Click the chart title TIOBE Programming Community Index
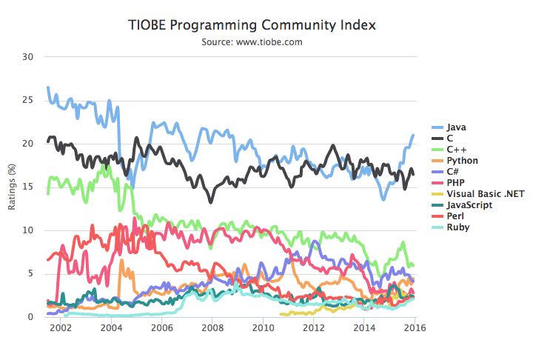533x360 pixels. [252, 25]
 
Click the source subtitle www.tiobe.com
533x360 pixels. [252, 42]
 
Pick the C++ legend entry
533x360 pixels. [455, 150]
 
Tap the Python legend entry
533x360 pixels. [461, 161]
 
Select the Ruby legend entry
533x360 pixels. [457, 227]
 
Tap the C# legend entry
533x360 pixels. [452, 172]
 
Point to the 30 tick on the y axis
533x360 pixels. [29, 56]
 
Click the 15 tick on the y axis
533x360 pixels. [29, 187]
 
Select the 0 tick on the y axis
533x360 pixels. [31, 317]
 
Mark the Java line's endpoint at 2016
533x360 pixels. [413, 136]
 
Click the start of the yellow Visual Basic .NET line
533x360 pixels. [281, 314]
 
